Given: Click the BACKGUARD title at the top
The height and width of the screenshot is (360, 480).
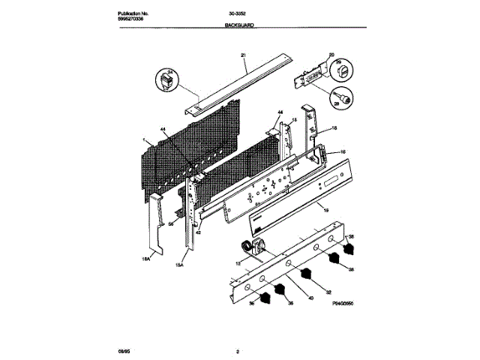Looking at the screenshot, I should click(x=239, y=25).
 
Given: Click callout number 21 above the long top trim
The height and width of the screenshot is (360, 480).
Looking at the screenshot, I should click(x=244, y=55).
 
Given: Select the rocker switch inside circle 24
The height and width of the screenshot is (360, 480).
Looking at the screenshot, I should click(x=167, y=81).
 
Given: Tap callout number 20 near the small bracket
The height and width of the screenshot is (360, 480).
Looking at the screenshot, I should click(x=331, y=55).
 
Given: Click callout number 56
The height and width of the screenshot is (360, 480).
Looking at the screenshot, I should click(x=170, y=223).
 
